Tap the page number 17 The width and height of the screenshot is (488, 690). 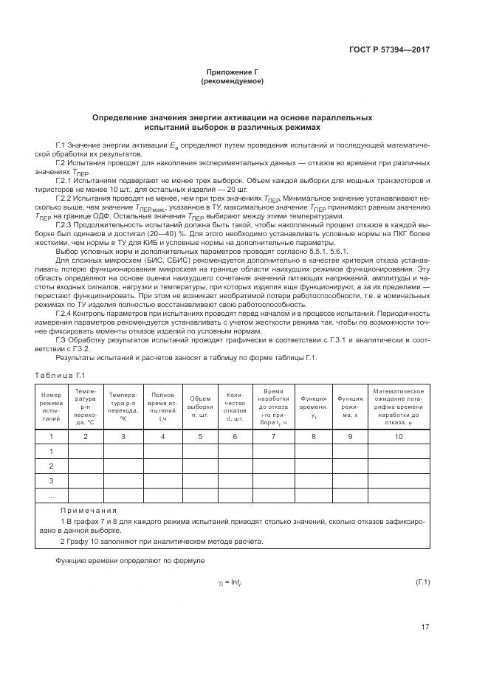tap(425, 627)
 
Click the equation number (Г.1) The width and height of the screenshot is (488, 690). tap(423, 583)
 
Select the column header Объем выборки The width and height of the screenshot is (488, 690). tap(199, 407)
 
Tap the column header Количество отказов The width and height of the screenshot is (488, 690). tap(235, 407)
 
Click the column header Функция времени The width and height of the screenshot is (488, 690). tap(314, 407)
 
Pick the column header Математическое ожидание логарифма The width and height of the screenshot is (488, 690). tap(399, 406)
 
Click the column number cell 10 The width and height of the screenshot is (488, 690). tap(399, 436)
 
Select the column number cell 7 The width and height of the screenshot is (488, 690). tap(274, 436)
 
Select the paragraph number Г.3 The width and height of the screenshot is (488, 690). tap(64, 339)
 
